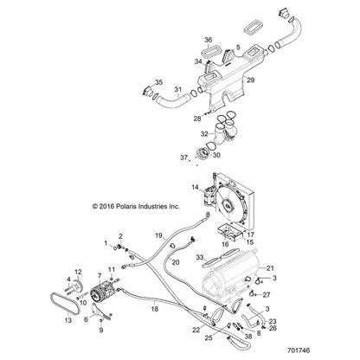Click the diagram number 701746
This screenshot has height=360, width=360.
pyautogui.click(x=299, y=350)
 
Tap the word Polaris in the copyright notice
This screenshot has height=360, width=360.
pyautogui.click(x=126, y=207)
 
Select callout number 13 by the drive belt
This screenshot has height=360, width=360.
pyautogui.click(x=68, y=320)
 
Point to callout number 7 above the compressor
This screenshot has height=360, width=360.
pyautogui.click(x=100, y=276)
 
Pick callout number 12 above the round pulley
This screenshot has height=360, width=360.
pyautogui.click(x=78, y=272)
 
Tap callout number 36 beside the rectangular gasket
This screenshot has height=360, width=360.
pyautogui.click(x=209, y=40)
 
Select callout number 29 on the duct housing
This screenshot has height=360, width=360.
pyautogui.click(x=251, y=80)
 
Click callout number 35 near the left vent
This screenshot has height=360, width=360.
pyautogui.click(x=159, y=82)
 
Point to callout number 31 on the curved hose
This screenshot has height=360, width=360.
pyautogui.click(x=178, y=90)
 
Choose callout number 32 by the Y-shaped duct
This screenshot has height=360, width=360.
pyautogui.click(x=204, y=134)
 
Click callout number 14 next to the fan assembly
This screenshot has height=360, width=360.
pyautogui.click(x=195, y=188)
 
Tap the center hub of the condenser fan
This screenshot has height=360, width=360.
pyautogui.click(x=228, y=205)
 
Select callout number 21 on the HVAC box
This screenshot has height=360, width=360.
pyautogui.click(x=270, y=268)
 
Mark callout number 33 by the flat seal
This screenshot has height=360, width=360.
pyautogui.click(x=200, y=257)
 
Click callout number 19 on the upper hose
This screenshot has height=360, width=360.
pyautogui.click(x=158, y=235)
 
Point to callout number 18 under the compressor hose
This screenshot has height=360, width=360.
pyautogui.click(x=155, y=309)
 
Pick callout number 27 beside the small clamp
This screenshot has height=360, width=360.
pyautogui.click(x=267, y=295)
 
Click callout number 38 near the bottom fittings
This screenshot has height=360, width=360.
pyautogui.click(x=248, y=337)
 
